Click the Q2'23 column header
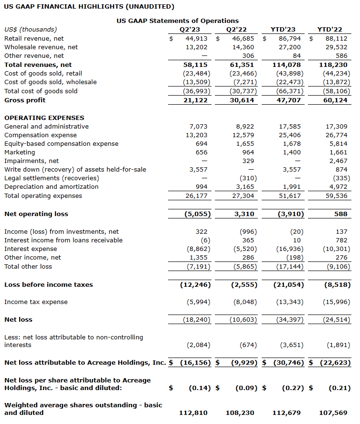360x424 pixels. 190,30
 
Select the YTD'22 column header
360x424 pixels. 329,30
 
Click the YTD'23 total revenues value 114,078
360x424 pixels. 288,65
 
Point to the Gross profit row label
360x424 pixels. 25,100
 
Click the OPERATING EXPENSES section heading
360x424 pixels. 44,118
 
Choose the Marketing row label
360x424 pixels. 20,152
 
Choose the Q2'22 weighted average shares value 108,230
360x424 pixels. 240,413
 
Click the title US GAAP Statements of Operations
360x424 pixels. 178,21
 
